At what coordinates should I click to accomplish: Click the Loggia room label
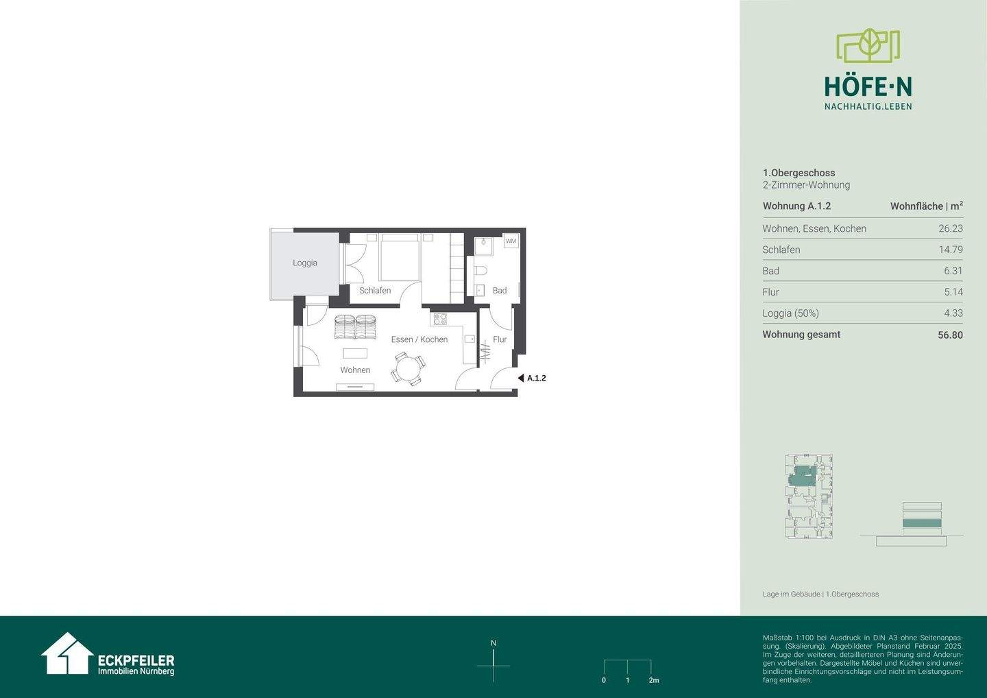pyautogui.click(x=305, y=263)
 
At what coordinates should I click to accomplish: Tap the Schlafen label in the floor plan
pyautogui.click(x=375, y=290)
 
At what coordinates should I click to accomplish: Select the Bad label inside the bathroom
pyautogui.click(x=500, y=290)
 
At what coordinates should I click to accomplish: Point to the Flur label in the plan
pyautogui.click(x=500, y=339)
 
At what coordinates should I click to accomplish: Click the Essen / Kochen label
pyautogui.click(x=419, y=339)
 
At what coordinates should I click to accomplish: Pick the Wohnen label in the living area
pyautogui.click(x=355, y=370)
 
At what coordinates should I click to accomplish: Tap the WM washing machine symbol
pyautogui.click(x=511, y=241)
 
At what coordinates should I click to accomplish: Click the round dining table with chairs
pyautogui.click(x=409, y=369)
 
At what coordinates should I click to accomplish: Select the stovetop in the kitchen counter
pyautogui.click(x=439, y=319)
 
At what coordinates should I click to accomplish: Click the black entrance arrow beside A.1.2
pyautogui.click(x=521, y=378)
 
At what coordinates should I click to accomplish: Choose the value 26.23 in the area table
pyautogui.click(x=950, y=229)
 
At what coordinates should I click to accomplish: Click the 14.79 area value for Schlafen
pyautogui.click(x=950, y=250)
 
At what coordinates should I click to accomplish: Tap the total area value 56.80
pyautogui.click(x=950, y=335)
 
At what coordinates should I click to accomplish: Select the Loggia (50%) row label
pyautogui.click(x=790, y=313)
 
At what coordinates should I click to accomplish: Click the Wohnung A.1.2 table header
pyautogui.click(x=796, y=206)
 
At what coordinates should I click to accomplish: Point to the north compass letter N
pyautogui.click(x=493, y=643)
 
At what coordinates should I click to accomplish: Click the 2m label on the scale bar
pyautogui.click(x=653, y=680)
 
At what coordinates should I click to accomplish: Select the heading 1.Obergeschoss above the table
pyautogui.click(x=799, y=173)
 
